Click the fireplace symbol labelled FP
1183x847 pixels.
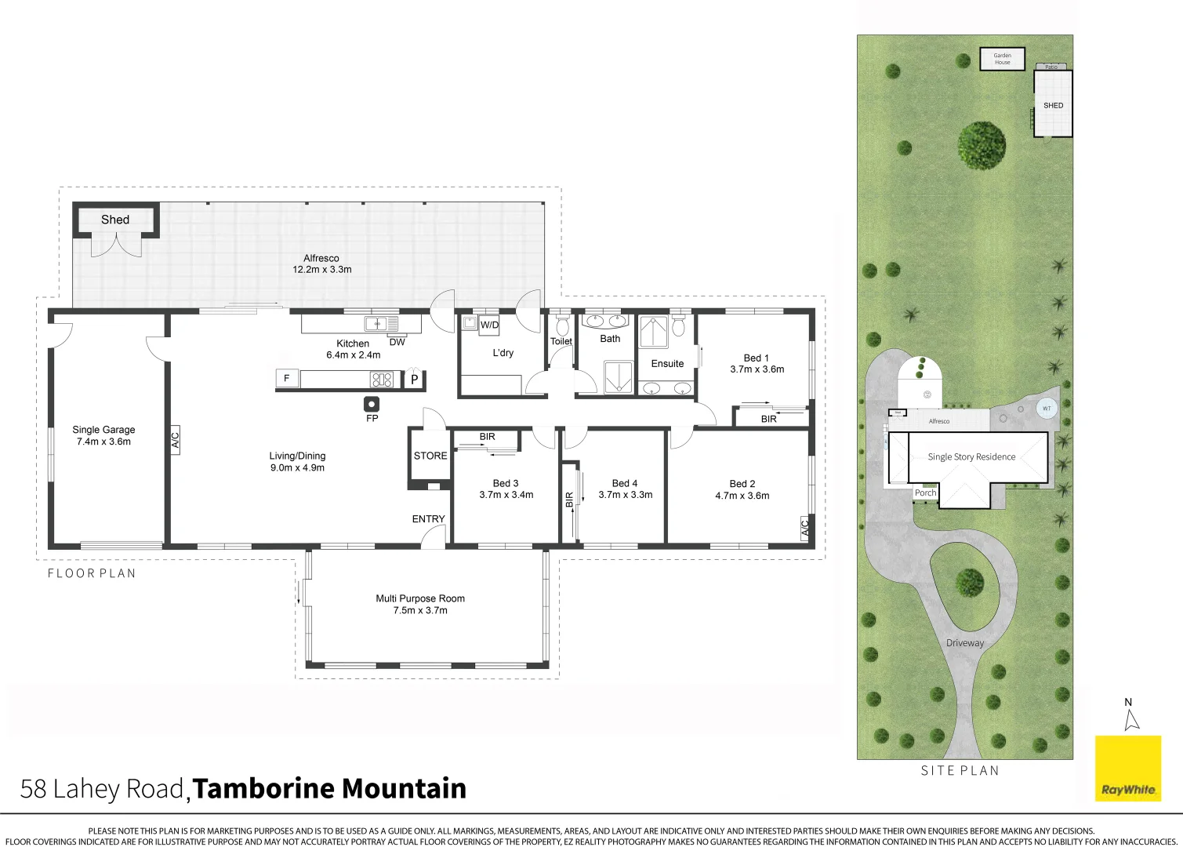pyautogui.click(x=372, y=405)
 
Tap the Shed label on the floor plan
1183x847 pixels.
pyautogui.click(x=115, y=220)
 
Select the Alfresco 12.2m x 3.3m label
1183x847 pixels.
pyautogui.click(x=321, y=264)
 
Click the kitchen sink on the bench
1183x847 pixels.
pyautogui.click(x=381, y=323)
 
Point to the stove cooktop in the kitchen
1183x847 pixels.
pyautogui.click(x=382, y=380)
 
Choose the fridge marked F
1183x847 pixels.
pyautogui.click(x=287, y=379)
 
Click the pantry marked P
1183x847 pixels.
pyautogui.click(x=414, y=380)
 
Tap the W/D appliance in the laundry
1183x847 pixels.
pyautogui.click(x=489, y=325)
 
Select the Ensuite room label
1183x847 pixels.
pyautogui.click(x=667, y=364)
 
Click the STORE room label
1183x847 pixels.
pyautogui.click(x=430, y=456)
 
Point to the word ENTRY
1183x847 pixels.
pyautogui.click(x=428, y=519)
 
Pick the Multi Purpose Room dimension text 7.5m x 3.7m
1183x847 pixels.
pyautogui.click(x=420, y=610)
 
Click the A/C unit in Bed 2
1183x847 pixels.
pyautogui.click(x=804, y=528)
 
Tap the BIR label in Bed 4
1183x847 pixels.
pyautogui.click(x=570, y=500)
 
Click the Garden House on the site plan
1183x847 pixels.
pyautogui.click(x=1003, y=59)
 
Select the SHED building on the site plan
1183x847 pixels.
pyautogui.click(x=1053, y=105)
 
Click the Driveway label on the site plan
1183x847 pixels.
pyautogui.click(x=964, y=643)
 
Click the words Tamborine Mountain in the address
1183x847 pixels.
pyautogui.click(x=329, y=788)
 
